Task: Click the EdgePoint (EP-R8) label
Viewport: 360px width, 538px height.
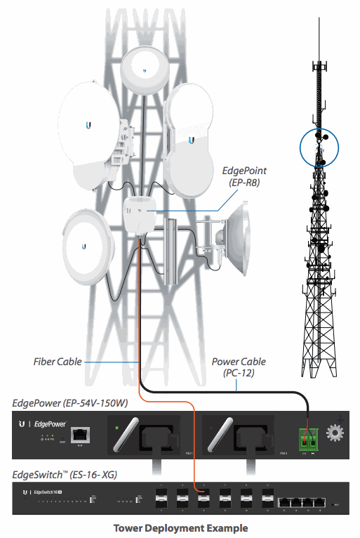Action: [244, 176]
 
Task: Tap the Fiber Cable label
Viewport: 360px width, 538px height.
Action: [58, 362]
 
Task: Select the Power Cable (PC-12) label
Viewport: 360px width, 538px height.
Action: [239, 367]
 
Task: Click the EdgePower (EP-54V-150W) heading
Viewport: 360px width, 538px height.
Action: [69, 403]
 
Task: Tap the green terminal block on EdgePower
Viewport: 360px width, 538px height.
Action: [307, 436]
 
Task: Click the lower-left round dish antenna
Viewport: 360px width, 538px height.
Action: [84, 242]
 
